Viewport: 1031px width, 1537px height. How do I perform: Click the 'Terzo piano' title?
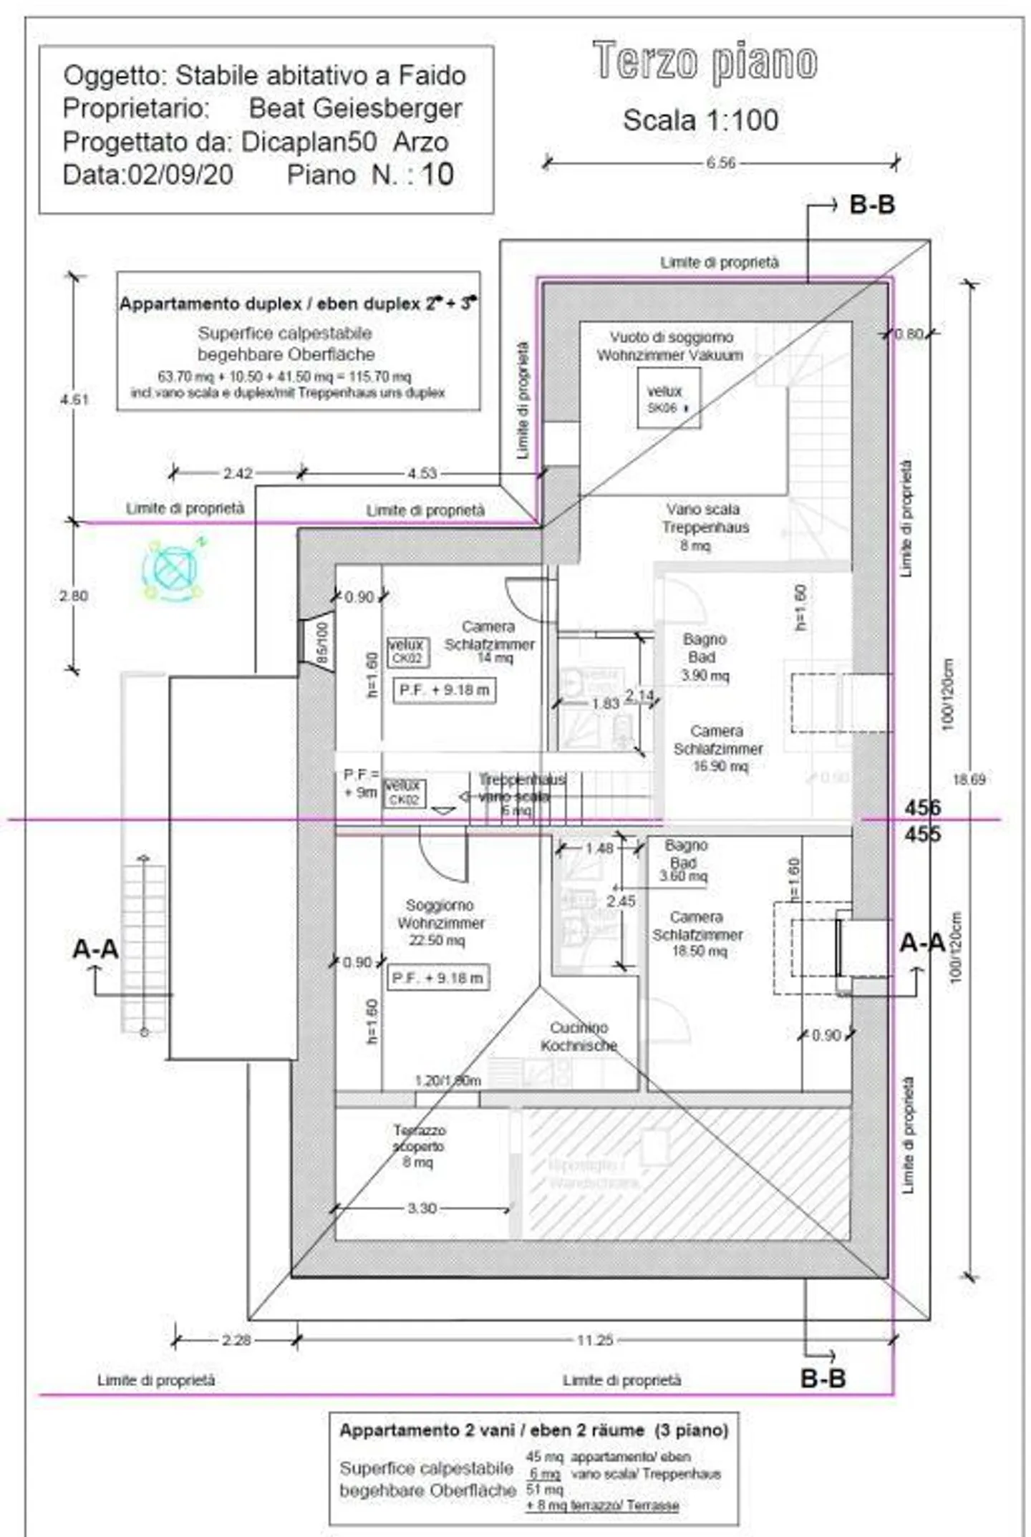[705, 62]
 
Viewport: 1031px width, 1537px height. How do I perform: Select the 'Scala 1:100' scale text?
[700, 120]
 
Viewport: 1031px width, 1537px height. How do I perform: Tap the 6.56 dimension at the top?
[720, 163]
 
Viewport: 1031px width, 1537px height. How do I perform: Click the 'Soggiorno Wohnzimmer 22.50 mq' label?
[440, 922]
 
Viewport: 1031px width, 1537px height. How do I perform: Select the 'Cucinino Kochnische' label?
[579, 1036]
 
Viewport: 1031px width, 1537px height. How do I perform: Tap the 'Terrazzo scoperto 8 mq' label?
[419, 1145]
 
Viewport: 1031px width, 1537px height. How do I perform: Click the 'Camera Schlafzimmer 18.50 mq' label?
[697, 934]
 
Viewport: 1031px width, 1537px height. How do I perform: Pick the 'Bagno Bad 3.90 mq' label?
[705, 656]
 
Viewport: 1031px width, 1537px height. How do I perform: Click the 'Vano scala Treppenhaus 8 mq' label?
[705, 527]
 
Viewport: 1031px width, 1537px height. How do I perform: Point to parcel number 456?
[922, 808]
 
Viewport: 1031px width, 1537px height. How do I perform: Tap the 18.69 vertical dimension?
[969, 779]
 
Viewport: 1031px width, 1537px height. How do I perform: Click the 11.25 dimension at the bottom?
[594, 1339]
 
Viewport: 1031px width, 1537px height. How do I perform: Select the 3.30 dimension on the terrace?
[422, 1208]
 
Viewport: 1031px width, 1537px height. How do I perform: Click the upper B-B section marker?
[871, 205]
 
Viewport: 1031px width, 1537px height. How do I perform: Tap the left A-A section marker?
[95, 949]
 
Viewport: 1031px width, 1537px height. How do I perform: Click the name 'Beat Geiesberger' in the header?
[355, 108]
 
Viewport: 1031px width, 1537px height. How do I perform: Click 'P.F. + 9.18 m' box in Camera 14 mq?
[444, 690]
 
